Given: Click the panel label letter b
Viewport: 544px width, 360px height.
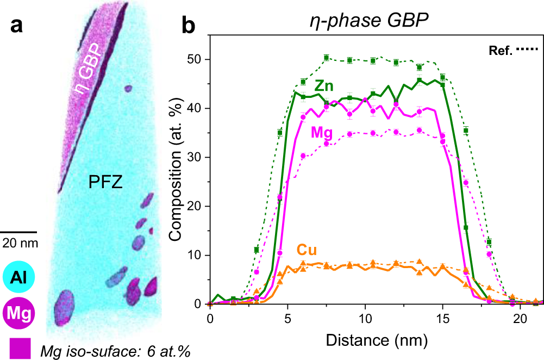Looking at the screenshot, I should tap(188, 25).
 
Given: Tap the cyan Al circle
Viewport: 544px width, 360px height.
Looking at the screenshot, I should tap(19, 277).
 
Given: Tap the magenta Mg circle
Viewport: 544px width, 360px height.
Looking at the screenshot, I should tap(19, 313).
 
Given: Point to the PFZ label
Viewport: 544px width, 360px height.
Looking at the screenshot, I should tap(106, 184).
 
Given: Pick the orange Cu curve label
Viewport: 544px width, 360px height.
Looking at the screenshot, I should tap(307, 250).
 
